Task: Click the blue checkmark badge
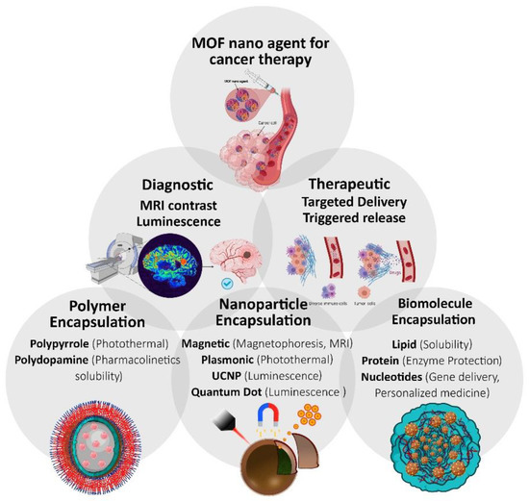[224, 285]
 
